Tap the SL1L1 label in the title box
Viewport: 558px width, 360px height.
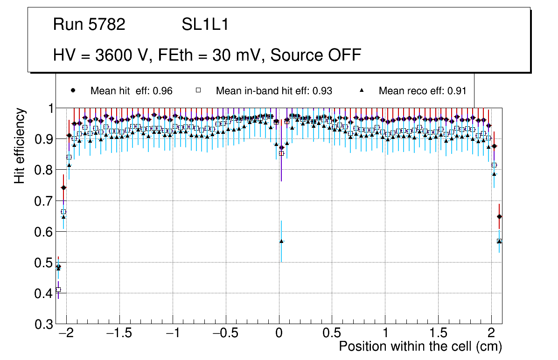pyautogui.click(x=205, y=25)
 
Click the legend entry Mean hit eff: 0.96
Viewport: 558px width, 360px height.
pyautogui.click(x=131, y=91)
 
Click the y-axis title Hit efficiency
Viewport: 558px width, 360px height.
pyautogui.click(x=20, y=145)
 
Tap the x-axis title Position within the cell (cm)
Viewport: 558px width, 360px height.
pyautogui.click(x=420, y=346)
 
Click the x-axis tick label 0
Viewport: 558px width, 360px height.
pyautogui.click(x=279, y=334)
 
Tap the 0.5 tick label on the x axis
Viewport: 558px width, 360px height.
pyautogui.click(x=332, y=334)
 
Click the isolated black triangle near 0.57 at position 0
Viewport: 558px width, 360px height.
pyautogui.click(x=281, y=241)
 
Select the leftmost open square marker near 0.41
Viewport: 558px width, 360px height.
pyautogui.click(x=58, y=290)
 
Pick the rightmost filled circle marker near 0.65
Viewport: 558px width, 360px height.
pyautogui.click(x=499, y=216)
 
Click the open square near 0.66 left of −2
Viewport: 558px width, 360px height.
pyautogui.click(x=63, y=212)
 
